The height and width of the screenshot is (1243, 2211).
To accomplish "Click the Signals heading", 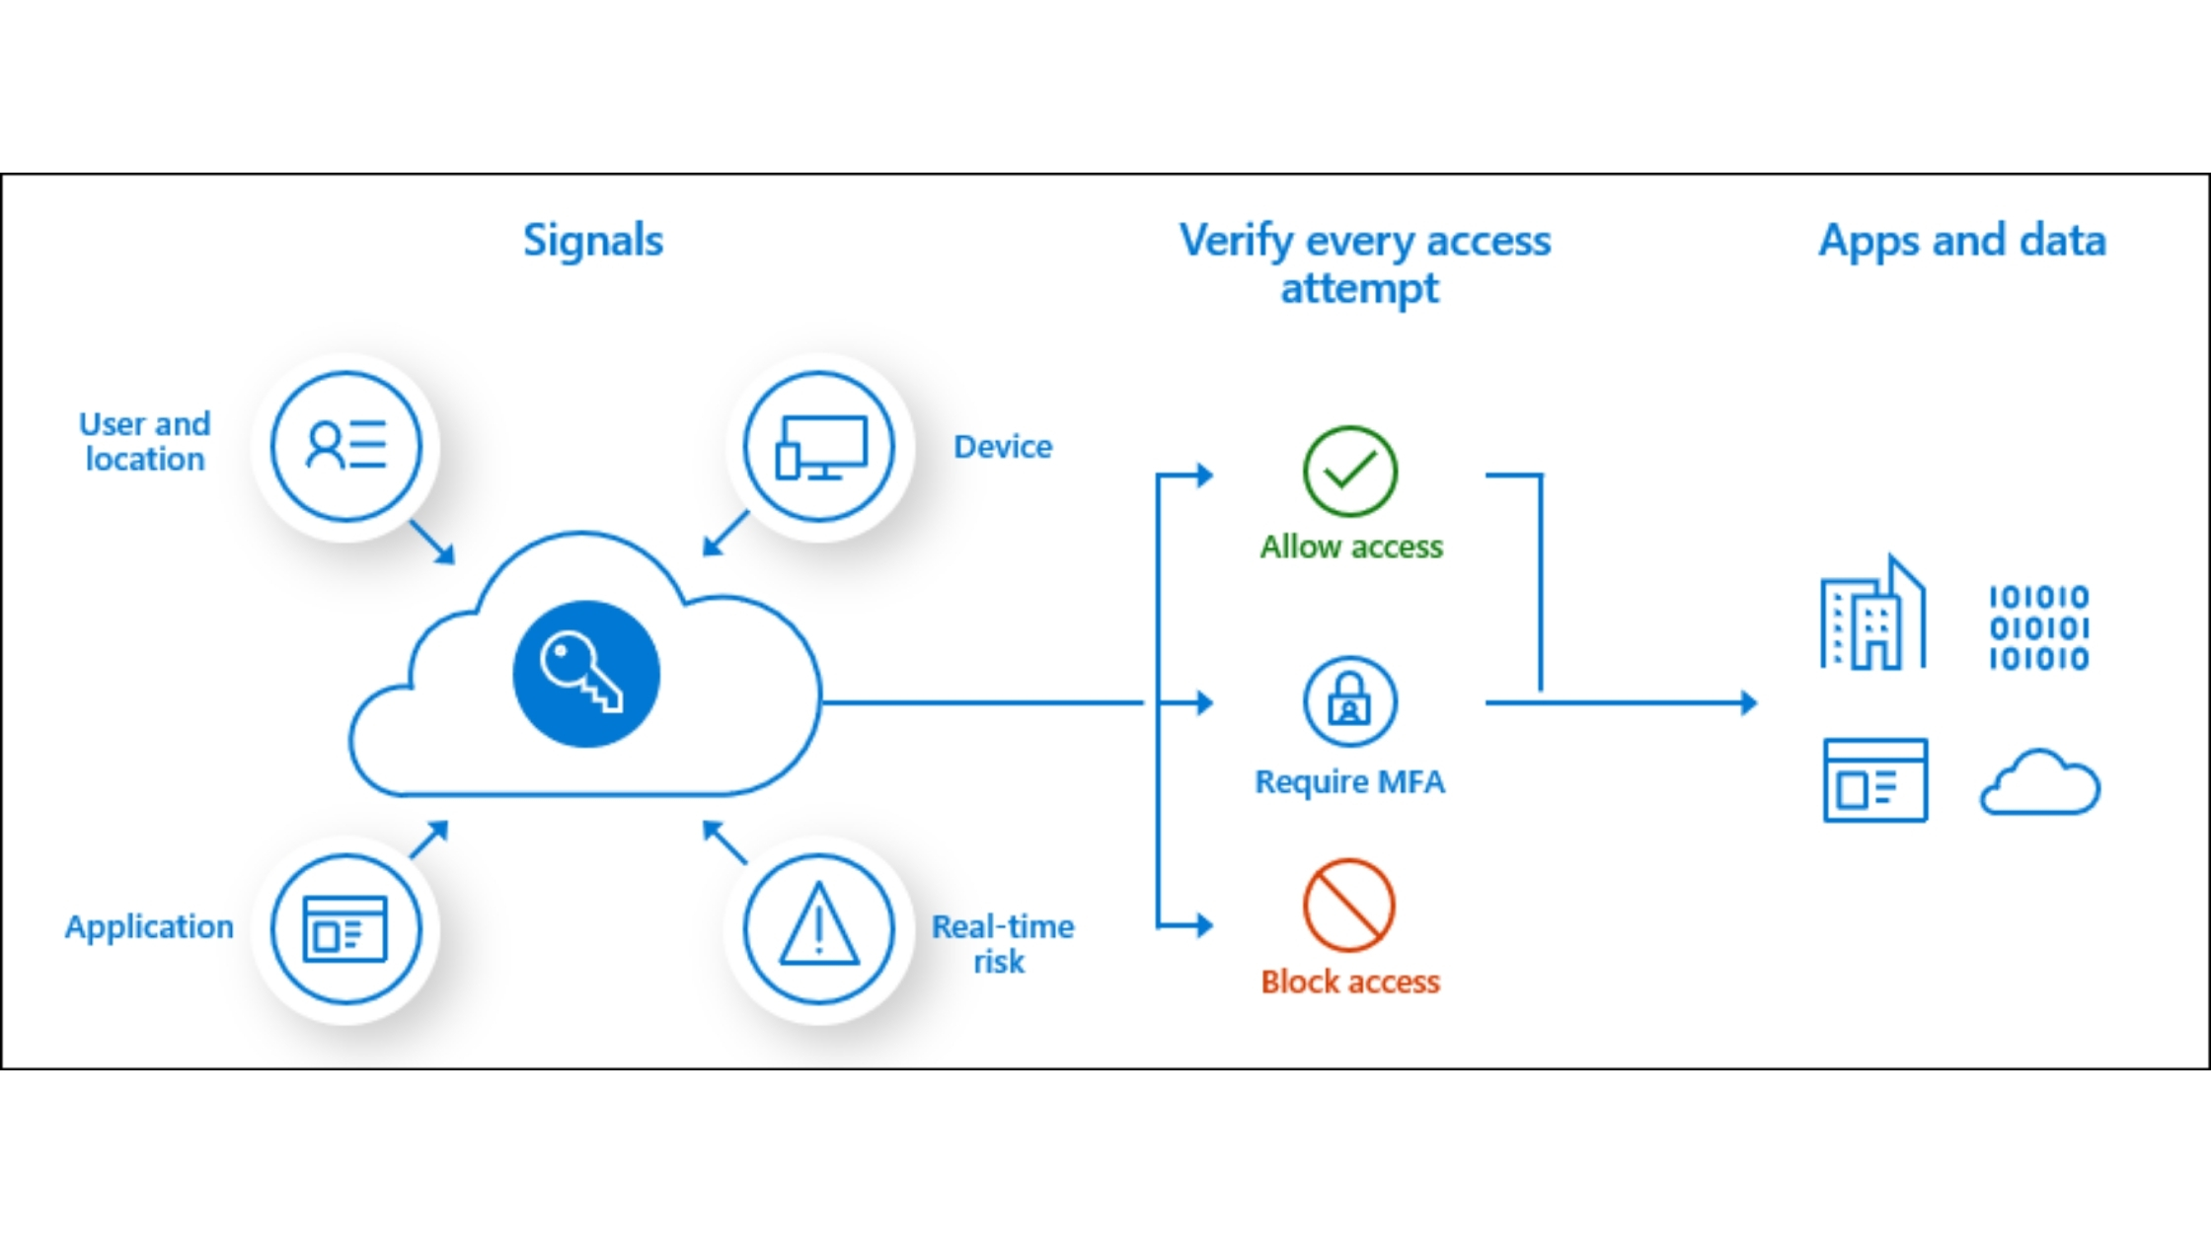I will tap(593, 241).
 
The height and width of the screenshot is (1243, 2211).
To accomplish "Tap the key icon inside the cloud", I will tap(585, 673).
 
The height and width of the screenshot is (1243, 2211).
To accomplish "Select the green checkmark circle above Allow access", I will tap(1349, 472).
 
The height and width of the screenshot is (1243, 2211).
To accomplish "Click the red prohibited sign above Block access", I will tap(1348, 905).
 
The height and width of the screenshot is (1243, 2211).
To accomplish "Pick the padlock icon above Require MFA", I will tap(1349, 701).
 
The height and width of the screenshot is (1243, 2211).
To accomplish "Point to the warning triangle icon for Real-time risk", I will tap(818, 928).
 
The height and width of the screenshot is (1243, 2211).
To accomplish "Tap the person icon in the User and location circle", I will tap(327, 445).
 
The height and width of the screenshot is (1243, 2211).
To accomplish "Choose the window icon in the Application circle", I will tap(344, 928).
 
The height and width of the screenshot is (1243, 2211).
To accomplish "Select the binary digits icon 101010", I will tap(2038, 627).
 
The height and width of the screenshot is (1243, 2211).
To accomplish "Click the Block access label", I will tap(1350, 982).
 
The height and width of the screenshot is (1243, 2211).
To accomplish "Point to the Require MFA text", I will tap(1349, 781).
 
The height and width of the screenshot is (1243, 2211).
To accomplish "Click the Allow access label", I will tap(1351, 547).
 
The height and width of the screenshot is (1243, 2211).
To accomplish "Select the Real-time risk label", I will tap(1002, 943).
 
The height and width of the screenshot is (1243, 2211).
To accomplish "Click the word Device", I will tap(1003, 447).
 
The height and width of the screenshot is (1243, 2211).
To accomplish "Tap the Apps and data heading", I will tap(1962, 241).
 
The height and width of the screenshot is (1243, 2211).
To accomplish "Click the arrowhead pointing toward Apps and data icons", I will tap(1748, 702).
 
